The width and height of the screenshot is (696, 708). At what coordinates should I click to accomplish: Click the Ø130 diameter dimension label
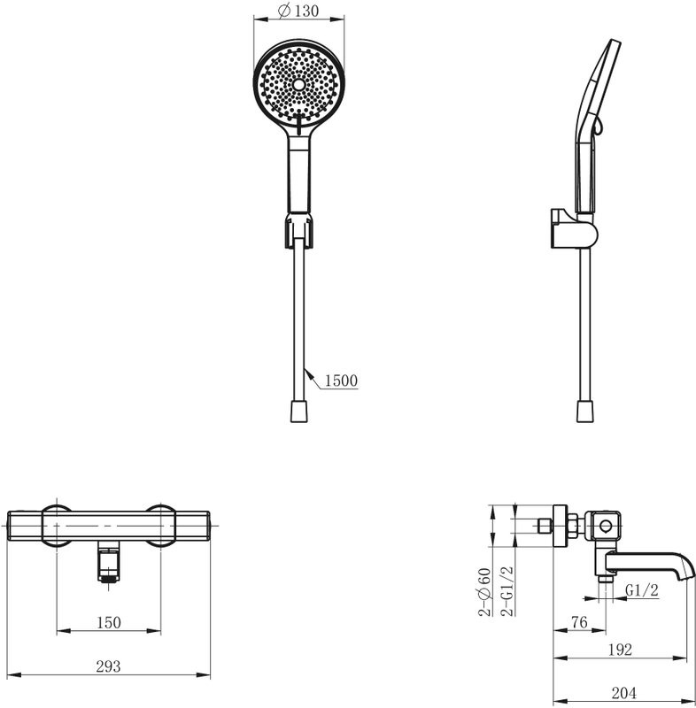pos(298,11)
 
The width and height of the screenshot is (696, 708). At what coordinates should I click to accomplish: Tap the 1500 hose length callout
pos(341,381)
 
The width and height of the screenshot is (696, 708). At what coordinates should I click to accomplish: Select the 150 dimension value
pos(109,623)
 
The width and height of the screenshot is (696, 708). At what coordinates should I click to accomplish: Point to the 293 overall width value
pos(108,666)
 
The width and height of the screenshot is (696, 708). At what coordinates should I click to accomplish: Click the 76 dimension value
pos(579,622)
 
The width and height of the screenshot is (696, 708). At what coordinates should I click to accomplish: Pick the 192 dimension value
pos(620,650)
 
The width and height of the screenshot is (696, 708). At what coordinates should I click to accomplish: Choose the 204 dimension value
pos(623,693)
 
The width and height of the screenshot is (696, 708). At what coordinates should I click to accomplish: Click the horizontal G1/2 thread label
pos(642,589)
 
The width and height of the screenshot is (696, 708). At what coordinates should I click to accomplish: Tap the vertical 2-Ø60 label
pos(484,591)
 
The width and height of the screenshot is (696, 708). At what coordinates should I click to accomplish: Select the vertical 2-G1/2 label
pos(507,590)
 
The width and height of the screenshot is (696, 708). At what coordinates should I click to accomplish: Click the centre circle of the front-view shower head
pos(298,84)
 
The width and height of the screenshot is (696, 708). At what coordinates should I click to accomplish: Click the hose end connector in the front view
pos(298,411)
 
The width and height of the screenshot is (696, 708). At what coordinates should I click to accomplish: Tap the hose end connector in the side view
pos(585,411)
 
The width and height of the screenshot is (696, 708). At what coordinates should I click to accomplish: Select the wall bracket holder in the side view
pos(574,229)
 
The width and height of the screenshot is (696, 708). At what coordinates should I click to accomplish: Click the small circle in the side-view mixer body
pos(606,526)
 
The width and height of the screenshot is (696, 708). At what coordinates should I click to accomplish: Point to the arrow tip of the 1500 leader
pos(305,368)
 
